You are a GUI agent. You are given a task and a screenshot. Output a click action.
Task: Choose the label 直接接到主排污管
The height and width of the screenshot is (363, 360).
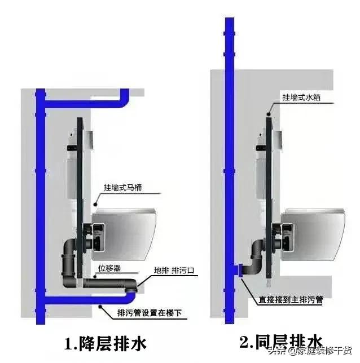290,300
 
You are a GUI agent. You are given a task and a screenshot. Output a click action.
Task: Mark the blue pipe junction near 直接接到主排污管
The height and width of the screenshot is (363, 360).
238,273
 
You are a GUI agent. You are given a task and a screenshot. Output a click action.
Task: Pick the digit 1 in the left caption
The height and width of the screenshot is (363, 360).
68,343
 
